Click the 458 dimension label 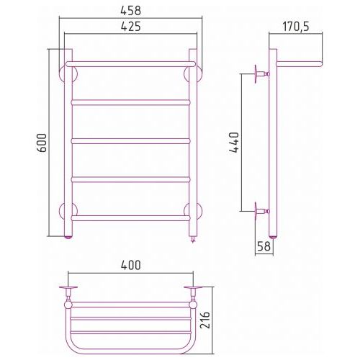point(130,11)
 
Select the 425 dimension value point(130,27)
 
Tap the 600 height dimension point(42,143)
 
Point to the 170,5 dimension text point(296,27)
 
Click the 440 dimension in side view point(234,142)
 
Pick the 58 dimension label point(264,246)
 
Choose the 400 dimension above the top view point(131,265)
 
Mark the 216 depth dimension point(205,320)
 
